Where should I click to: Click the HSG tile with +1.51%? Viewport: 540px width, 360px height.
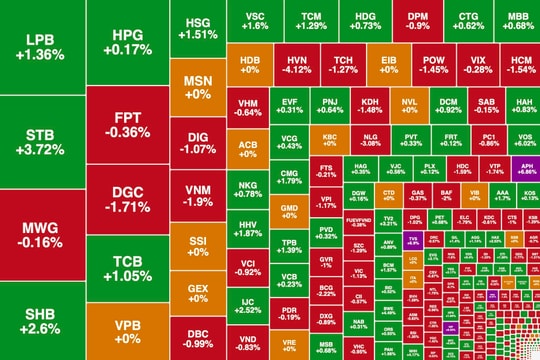[x=197, y=27]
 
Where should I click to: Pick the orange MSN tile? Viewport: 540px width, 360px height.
[x=197, y=84]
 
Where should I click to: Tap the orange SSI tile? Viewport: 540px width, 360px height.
[x=197, y=245]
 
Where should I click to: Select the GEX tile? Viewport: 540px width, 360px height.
[x=197, y=291]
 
